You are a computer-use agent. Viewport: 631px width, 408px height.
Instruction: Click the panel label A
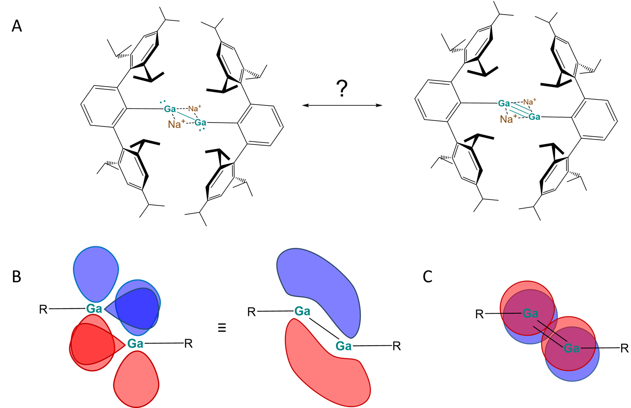tap(16, 26)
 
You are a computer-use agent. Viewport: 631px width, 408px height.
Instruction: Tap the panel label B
tap(16, 276)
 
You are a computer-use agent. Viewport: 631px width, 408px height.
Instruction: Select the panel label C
tap(427, 276)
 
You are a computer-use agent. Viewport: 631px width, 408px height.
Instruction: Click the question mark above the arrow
tap(342, 88)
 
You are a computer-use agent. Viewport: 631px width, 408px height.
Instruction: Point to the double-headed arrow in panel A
tap(342, 105)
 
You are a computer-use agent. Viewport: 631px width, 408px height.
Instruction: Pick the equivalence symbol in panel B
tap(222, 327)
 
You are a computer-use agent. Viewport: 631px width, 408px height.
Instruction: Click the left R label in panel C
tap(480, 314)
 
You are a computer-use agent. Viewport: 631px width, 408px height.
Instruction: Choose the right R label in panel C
tap(624, 348)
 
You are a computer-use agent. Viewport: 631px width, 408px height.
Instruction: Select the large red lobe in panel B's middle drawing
tap(325, 368)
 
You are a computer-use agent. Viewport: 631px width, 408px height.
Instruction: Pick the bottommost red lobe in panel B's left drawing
tap(136, 378)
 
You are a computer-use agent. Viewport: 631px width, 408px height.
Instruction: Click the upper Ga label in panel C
tap(530, 314)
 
